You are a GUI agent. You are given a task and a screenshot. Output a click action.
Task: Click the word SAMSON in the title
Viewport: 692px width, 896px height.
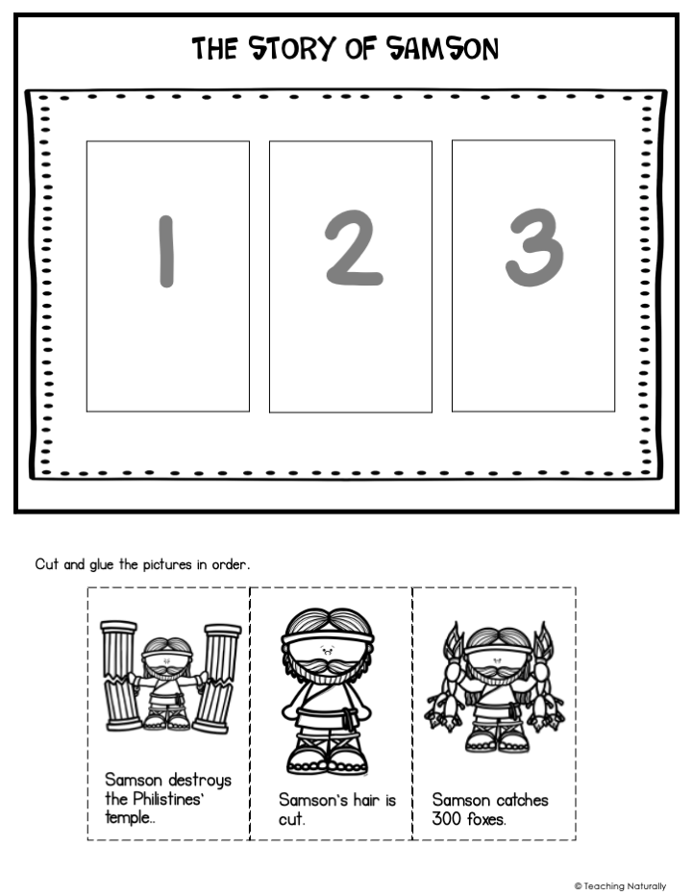pyautogui.click(x=442, y=49)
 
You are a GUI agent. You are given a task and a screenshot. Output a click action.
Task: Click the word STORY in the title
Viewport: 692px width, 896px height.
pyautogui.click(x=291, y=49)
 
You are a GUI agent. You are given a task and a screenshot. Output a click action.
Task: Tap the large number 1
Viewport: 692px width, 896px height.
pyautogui.click(x=166, y=251)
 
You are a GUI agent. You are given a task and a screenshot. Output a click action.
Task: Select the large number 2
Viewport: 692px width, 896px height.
pyautogui.click(x=353, y=248)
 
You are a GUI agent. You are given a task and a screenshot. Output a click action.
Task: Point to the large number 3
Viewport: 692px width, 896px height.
pyautogui.click(x=534, y=246)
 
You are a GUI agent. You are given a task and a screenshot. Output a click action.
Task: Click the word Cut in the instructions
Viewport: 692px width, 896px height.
pyautogui.click(x=46, y=564)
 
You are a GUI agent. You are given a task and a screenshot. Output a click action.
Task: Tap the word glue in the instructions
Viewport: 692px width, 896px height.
pyautogui.click(x=102, y=564)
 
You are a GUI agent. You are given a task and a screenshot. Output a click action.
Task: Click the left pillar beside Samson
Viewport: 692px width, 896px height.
pyautogui.click(x=119, y=676)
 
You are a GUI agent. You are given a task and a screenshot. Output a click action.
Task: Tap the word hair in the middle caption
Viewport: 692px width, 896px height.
pyautogui.click(x=366, y=800)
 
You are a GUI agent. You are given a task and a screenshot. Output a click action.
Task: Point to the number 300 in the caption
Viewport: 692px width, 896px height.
pyautogui.click(x=446, y=819)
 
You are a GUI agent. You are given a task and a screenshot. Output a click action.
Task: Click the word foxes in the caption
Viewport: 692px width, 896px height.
pyautogui.click(x=484, y=819)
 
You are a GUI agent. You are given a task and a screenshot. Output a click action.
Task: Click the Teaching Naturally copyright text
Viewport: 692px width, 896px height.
pyautogui.click(x=620, y=886)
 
